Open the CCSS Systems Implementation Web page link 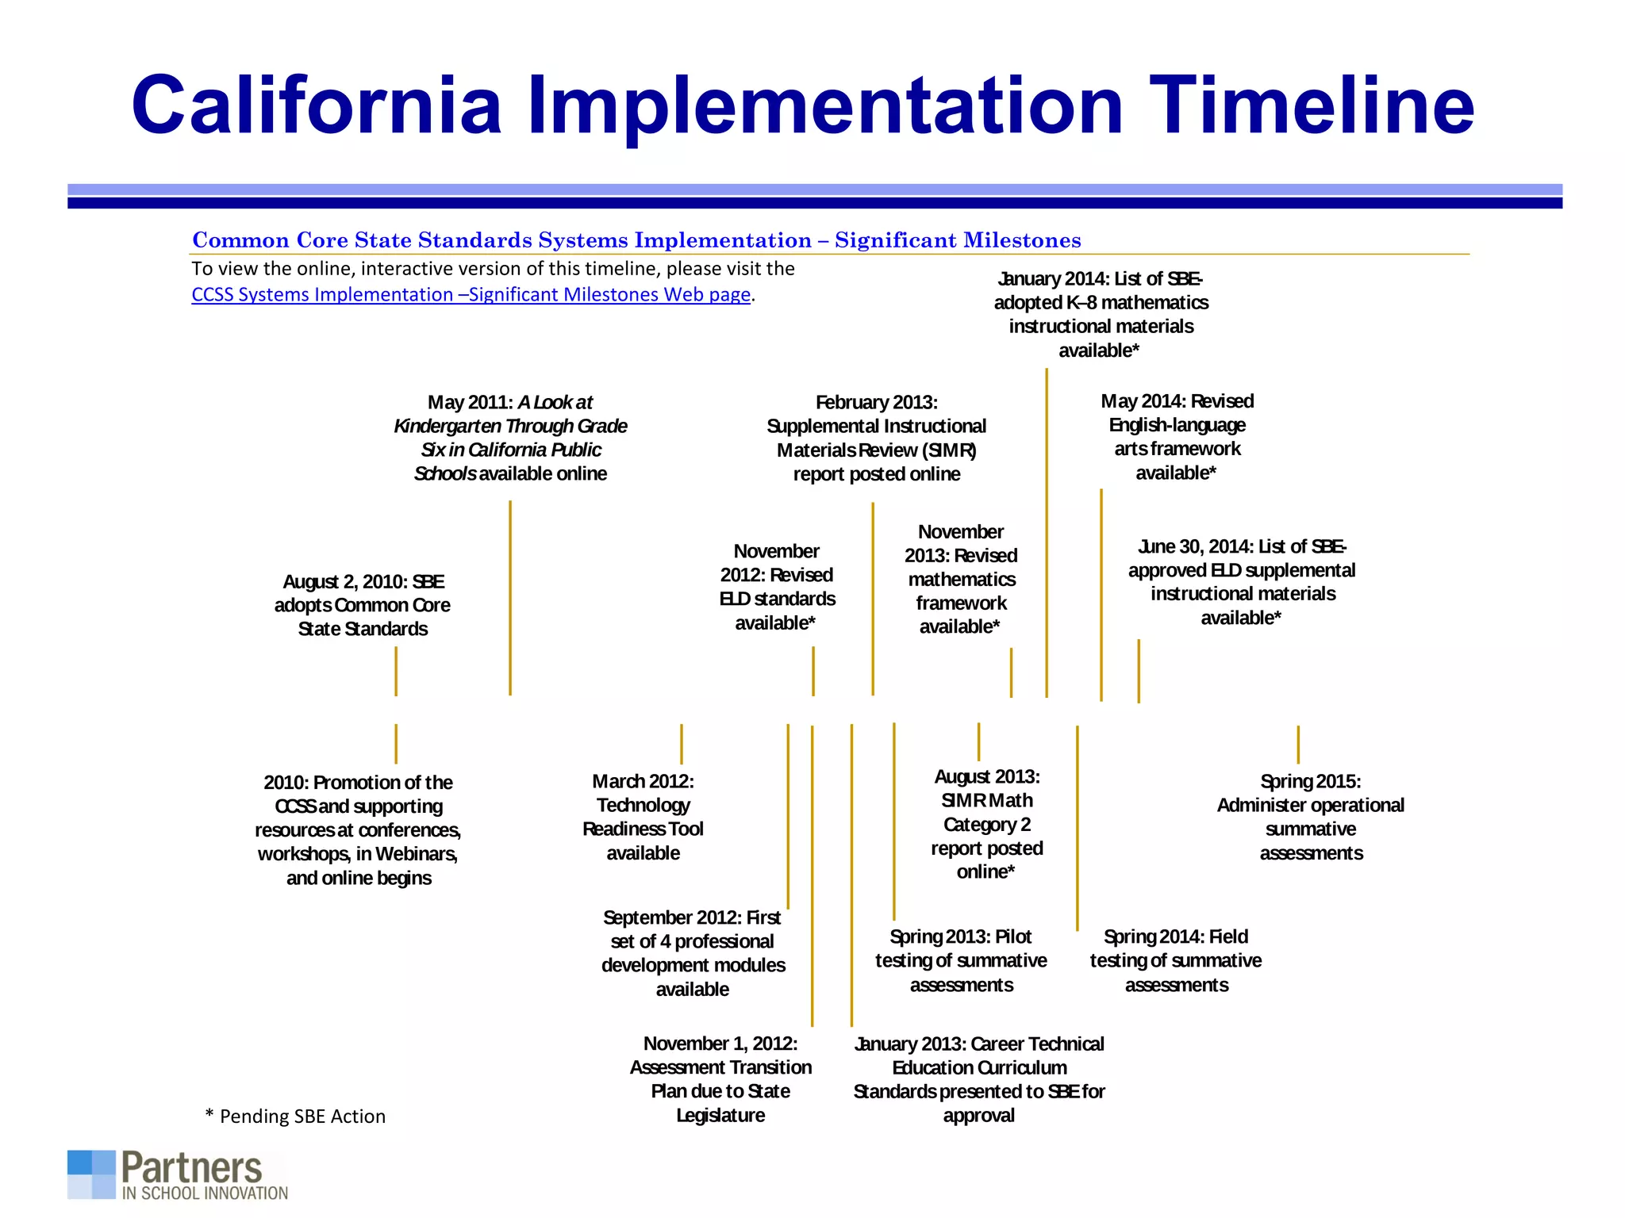click(471, 294)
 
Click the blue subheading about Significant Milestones click(636, 240)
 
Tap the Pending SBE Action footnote click(295, 1116)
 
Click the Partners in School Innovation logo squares click(91, 1174)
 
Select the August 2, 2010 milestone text click(363, 605)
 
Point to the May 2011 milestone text click(510, 438)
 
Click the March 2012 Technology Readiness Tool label click(643, 817)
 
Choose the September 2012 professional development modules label click(693, 953)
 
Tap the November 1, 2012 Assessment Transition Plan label click(720, 1078)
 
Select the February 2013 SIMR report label click(876, 438)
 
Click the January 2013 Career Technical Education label click(978, 1078)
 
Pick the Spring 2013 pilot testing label click(961, 960)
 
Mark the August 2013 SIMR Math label click(986, 824)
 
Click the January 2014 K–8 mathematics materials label click(1101, 314)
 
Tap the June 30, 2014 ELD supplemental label click(1241, 582)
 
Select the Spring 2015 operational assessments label click(1310, 817)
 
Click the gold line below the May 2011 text click(510, 599)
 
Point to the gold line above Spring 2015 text click(1298, 744)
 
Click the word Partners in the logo click(191, 1167)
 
